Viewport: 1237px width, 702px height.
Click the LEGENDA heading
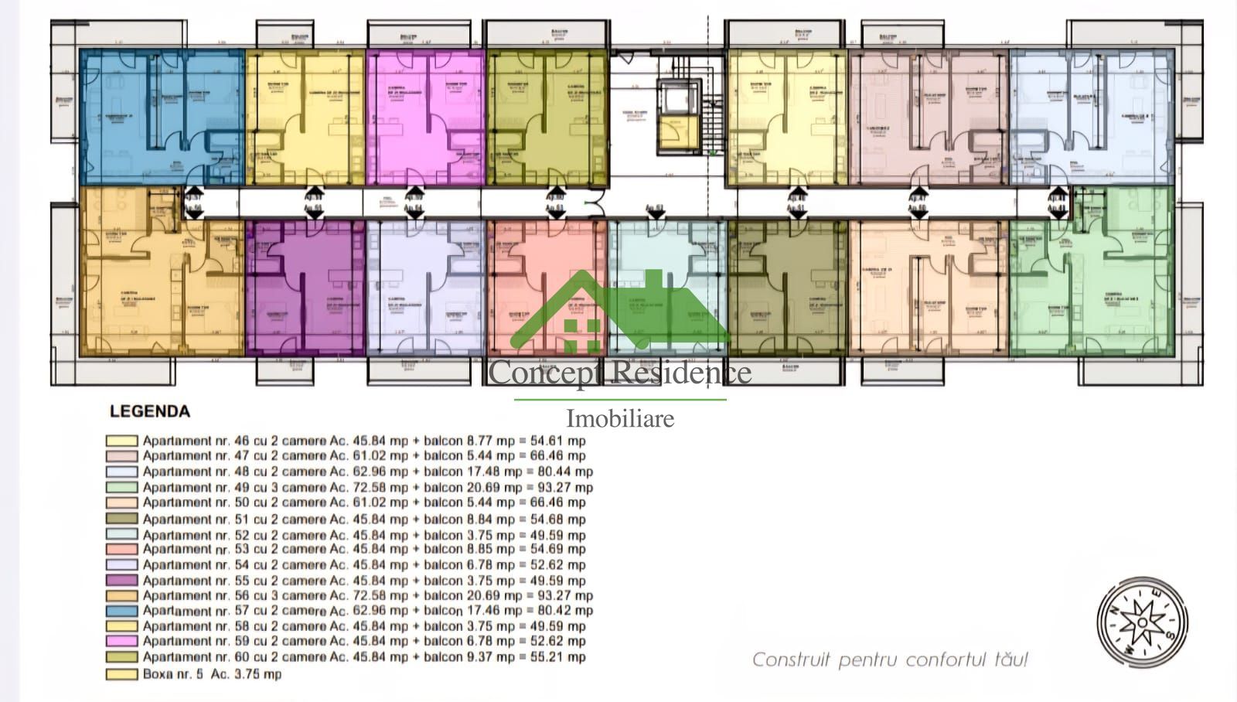point(150,411)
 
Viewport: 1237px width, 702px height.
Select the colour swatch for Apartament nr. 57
point(122,611)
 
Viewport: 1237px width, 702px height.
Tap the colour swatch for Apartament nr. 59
point(122,642)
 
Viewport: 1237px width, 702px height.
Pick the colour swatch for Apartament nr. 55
point(122,581)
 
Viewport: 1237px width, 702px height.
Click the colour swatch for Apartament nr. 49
point(122,488)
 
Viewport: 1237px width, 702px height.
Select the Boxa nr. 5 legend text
point(212,674)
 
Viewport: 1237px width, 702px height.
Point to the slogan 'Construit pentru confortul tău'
point(890,659)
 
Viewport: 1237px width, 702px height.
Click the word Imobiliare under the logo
point(620,418)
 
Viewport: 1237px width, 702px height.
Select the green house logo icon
point(618,309)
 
